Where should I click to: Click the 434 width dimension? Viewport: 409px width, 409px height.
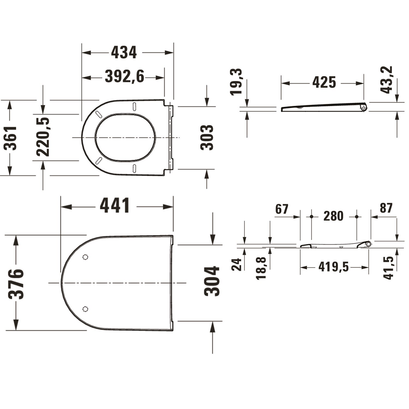[124, 53]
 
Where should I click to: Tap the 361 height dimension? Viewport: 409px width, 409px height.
[10, 138]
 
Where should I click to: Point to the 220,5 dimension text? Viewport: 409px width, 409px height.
[43, 137]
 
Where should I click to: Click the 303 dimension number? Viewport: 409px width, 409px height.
[207, 137]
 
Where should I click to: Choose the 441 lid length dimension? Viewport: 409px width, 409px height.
[115, 206]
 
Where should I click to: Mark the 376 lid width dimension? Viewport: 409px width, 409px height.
[16, 284]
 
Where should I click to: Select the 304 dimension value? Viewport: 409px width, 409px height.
[212, 281]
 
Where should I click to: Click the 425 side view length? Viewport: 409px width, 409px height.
[324, 82]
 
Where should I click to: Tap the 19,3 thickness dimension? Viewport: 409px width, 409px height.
[236, 82]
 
